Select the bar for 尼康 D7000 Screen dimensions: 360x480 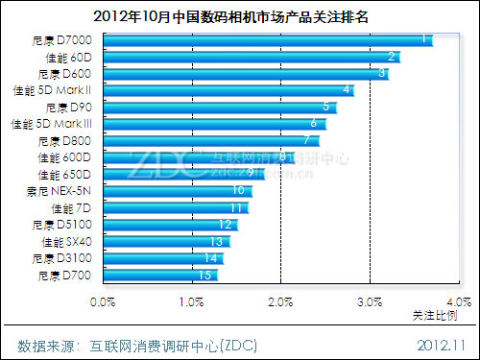[x=268, y=39]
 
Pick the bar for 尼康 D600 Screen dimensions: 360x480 [x=246, y=73]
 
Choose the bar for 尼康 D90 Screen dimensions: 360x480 [x=220, y=107]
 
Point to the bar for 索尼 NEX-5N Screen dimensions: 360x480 [x=178, y=190]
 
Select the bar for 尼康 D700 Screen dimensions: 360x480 [x=160, y=275]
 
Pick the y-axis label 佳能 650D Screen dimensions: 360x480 [x=64, y=174]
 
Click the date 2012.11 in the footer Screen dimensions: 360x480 [x=441, y=344]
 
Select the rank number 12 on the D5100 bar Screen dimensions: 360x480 [x=225, y=225]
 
